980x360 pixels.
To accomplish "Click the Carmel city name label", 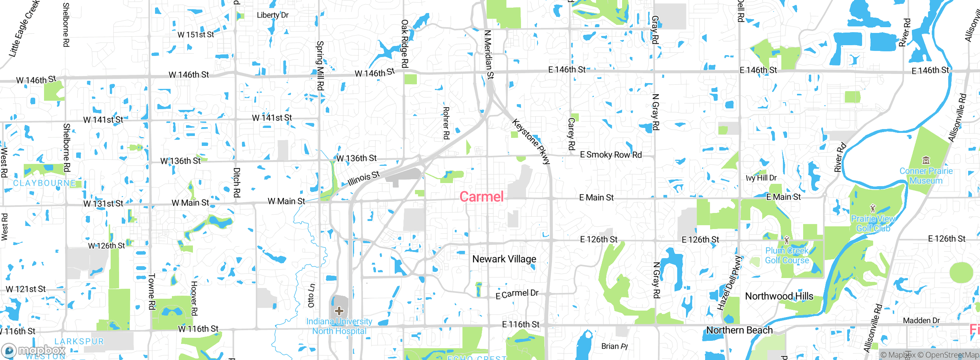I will coord(481,197).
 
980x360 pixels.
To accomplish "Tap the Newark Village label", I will coord(504,259).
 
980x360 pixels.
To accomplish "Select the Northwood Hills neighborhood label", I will coord(779,296).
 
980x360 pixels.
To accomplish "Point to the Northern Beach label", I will coord(739,330).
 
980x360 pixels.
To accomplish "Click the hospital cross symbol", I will coord(339,311).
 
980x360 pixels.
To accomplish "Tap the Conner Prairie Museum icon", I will coord(926,160).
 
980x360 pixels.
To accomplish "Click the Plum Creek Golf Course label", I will coord(787,255).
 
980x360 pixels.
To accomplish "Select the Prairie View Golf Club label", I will coord(873,224).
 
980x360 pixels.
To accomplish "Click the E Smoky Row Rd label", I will coord(611,155).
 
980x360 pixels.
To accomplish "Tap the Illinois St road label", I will coord(364,178).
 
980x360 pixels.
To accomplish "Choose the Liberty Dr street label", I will coord(273,15).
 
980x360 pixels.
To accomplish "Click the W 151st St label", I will coord(196,34).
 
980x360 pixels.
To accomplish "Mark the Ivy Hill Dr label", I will coord(761,178).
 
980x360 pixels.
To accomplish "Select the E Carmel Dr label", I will coord(517,294).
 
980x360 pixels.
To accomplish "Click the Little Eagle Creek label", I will coord(24,29).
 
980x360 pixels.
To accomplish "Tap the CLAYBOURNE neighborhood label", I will coord(44,183).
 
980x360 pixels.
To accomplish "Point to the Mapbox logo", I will coord(34,350).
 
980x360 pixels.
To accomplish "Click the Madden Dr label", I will coord(921,321).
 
